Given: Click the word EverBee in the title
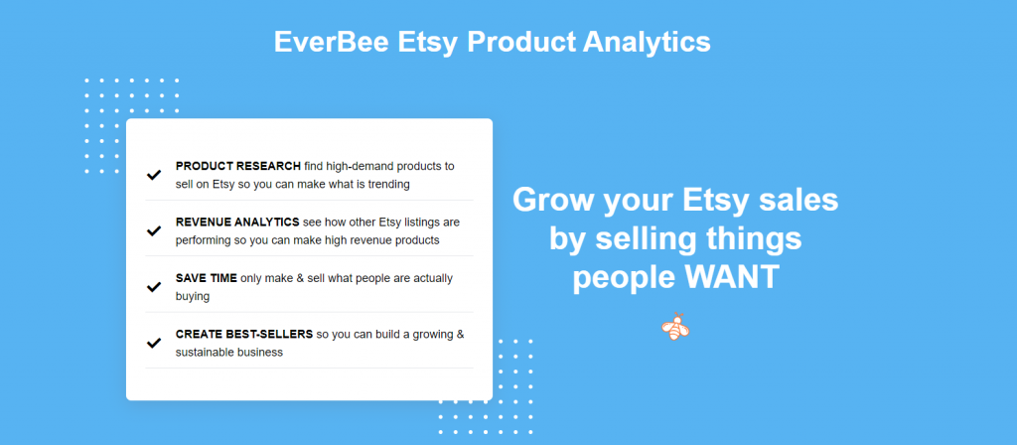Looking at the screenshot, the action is pyautogui.click(x=331, y=42).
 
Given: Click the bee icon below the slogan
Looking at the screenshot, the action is pyautogui.click(x=675, y=326).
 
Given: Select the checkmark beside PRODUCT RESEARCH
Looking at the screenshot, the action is pyautogui.click(x=154, y=175).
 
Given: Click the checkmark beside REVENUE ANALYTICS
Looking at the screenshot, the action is pyautogui.click(x=154, y=230).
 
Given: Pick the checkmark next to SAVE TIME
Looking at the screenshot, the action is pyautogui.click(x=154, y=287).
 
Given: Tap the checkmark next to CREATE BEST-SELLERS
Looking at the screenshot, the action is pyautogui.click(x=154, y=343).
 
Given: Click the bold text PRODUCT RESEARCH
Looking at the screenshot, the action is pyautogui.click(x=238, y=166).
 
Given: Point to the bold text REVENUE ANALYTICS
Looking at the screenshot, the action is pyautogui.click(x=237, y=222).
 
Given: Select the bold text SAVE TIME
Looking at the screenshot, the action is pyautogui.click(x=207, y=278).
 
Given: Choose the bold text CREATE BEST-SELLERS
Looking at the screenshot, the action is pyautogui.click(x=244, y=334).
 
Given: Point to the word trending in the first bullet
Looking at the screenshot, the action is pyautogui.click(x=388, y=184).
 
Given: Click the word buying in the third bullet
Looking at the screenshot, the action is pyautogui.click(x=193, y=297).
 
